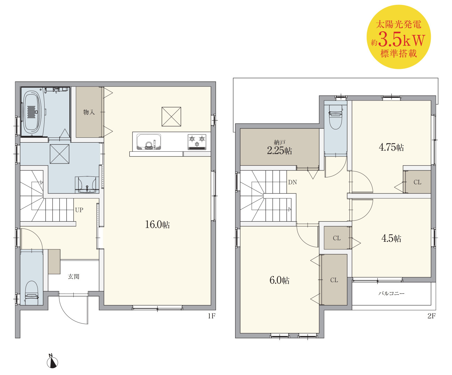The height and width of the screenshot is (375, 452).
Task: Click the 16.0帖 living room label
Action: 158,224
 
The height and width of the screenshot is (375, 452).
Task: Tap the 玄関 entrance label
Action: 74,277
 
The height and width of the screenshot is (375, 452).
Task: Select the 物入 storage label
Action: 89,112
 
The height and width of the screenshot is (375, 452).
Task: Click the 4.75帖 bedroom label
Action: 391,147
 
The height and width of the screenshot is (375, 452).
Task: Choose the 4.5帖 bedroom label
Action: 391,238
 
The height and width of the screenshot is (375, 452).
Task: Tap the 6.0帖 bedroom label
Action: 280,280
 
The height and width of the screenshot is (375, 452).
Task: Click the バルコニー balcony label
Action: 392,294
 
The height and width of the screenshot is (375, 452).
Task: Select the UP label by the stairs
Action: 79,210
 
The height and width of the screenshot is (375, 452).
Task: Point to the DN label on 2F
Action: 292,182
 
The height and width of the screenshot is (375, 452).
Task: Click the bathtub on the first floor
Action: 32,112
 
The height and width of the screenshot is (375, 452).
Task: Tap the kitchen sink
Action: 149,142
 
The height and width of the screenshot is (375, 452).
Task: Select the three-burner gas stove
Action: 197,142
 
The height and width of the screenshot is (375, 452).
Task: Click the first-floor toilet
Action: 32,293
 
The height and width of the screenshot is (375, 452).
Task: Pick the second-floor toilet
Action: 336,117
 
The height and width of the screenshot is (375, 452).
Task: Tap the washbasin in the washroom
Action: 87,185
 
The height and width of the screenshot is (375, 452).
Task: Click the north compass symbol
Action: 52,361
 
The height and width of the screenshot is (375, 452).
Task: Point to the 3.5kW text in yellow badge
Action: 402,40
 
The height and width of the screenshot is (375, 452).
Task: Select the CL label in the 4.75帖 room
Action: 417,182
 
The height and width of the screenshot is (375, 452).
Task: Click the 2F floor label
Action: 431,316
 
